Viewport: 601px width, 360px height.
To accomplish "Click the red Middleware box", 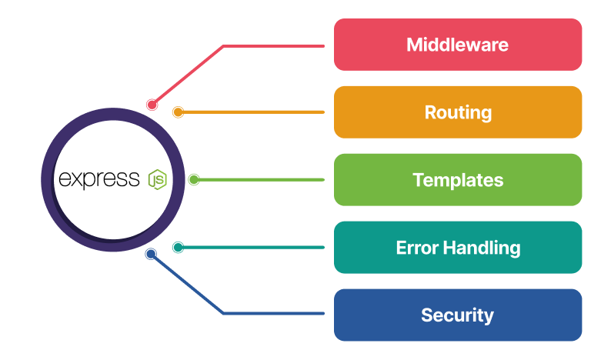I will click(x=457, y=45).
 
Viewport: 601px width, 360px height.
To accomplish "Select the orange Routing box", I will click(x=457, y=112).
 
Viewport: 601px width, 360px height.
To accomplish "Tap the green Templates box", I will click(x=457, y=180).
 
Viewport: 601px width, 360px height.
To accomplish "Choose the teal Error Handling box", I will click(x=457, y=248).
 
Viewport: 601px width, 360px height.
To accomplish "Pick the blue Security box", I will click(x=457, y=315).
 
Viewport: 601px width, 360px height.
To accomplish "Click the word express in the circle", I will click(x=99, y=180).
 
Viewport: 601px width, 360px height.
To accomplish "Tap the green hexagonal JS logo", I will click(x=157, y=180).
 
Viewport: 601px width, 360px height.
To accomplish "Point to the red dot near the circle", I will click(x=152, y=105).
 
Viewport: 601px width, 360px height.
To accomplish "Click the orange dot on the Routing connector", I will click(x=178, y=112).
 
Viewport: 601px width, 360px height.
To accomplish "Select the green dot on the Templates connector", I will click(x=194, y=180).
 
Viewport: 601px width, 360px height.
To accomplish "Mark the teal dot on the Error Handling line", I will click(x=178, y=248).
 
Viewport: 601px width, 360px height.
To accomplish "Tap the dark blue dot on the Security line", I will click(x=151, y=254).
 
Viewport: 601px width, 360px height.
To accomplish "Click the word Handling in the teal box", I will click(x=482, y=248).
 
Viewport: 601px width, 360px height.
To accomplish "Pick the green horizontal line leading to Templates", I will click(x=262, y=180).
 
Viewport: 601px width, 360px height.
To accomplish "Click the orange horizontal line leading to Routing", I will click(x=254, y=112).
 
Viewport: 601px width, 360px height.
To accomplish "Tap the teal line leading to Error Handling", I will click(x=254, y=248).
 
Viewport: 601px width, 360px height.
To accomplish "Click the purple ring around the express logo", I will click(x=47, y=180).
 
